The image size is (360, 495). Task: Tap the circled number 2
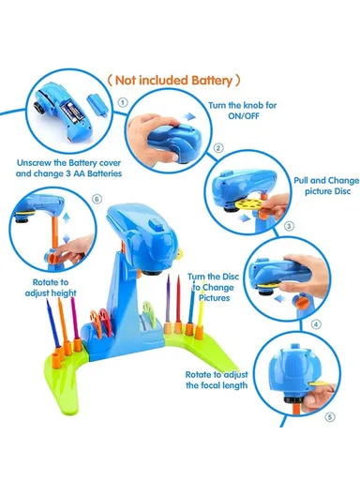click(217, 148)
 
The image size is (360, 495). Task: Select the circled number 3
click(289, 226)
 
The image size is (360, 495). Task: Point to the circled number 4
click(315, 325)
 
